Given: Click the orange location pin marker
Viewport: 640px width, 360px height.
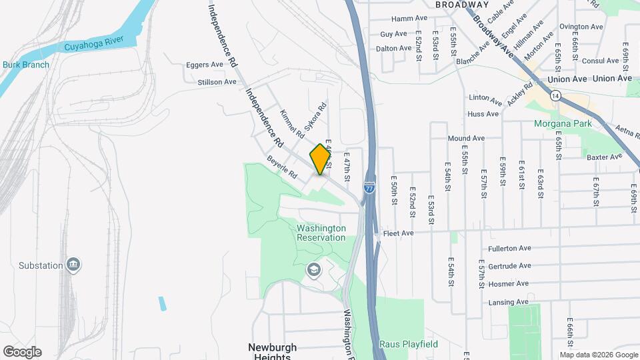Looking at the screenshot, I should click(321, 159).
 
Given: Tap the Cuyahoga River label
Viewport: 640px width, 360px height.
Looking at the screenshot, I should click(95, 47).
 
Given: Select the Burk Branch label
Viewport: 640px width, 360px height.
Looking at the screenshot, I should click(26, 65).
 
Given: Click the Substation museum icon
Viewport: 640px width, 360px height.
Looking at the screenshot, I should click(74, 265).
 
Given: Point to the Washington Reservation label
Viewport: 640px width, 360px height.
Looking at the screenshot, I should click(321, 233).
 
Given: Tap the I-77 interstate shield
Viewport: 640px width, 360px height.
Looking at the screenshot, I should click(370, 188).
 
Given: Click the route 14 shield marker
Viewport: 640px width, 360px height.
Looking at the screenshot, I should click(555, 96).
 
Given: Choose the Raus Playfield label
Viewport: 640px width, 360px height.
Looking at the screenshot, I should click(409, 344).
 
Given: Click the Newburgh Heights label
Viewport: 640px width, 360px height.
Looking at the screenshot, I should click(272, 351).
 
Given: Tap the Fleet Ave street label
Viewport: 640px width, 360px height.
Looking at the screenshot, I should click(398, 233).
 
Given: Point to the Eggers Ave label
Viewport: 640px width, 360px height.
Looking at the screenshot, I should click(205, 65).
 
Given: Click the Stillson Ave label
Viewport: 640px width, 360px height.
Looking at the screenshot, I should click(217, 82).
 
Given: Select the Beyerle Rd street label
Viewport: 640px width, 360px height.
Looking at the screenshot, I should click(281, 167).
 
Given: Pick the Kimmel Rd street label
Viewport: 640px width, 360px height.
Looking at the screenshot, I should click(292, 123).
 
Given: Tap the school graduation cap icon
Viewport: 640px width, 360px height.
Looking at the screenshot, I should click(313, 269).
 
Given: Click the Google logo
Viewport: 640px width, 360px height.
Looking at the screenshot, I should click(22, 352).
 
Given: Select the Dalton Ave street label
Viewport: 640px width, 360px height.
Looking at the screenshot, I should click(393, 48).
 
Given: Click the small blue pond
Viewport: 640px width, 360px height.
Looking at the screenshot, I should click(162, 303).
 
